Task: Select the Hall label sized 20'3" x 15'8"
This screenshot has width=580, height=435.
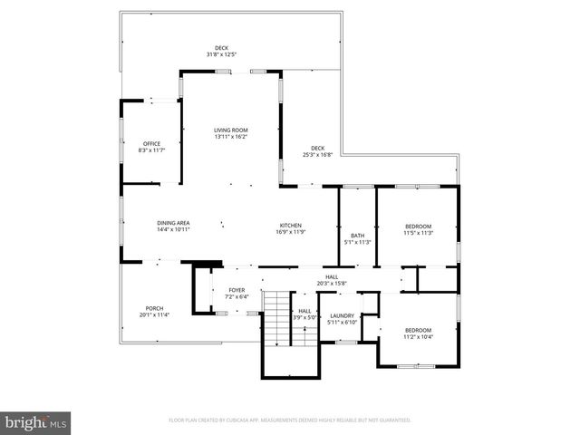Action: coord(332,280)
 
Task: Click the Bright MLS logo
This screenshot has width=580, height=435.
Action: coord(35,421)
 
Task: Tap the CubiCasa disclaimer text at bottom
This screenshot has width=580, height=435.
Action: coord(290,420)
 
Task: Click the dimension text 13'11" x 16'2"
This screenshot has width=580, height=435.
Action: coord(230,137)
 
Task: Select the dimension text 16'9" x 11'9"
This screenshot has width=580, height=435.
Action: coord(290,232)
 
